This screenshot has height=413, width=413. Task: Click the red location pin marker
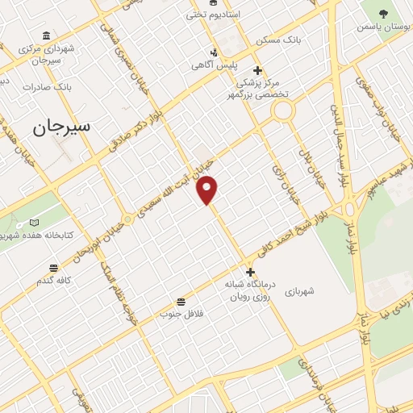208,190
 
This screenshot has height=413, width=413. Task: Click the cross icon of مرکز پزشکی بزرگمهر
257,70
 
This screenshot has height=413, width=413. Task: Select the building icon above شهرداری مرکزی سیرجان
47,36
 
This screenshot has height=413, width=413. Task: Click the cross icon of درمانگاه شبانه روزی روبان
251,273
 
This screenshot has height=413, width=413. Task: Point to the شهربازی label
310,290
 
